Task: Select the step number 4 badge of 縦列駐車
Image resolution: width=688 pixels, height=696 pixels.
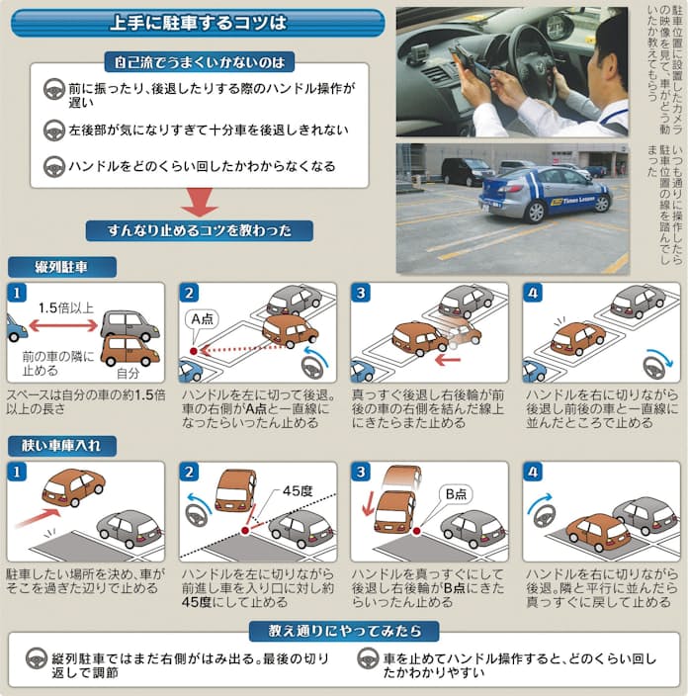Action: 534,293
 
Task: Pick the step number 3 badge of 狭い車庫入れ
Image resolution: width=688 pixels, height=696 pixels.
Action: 363,472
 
